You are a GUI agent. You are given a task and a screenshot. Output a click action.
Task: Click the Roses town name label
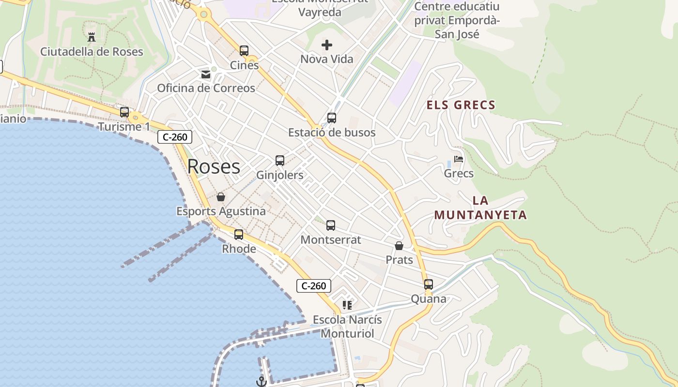214,166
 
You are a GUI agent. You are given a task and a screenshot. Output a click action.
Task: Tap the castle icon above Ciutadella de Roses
92,36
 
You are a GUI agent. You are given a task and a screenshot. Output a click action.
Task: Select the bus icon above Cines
244,50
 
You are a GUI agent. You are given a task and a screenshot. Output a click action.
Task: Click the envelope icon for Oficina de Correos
206,74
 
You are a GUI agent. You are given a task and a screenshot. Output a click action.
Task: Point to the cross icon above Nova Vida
327,45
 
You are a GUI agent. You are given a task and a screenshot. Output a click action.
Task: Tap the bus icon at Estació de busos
332,118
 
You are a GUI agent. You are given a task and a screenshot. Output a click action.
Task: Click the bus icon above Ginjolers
280,160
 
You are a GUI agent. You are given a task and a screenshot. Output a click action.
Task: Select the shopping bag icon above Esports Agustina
221,197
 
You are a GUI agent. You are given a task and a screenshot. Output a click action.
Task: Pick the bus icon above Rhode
239,234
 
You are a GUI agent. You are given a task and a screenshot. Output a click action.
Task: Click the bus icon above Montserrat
331,225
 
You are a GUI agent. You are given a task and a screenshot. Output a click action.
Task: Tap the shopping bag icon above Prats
399,246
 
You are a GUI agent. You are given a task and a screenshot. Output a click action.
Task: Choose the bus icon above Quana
429,284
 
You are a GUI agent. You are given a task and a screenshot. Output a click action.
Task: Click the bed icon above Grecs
459,159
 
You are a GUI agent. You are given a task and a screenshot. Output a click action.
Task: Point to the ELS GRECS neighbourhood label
461,105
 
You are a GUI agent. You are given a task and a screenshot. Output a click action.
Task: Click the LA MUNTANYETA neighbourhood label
480,208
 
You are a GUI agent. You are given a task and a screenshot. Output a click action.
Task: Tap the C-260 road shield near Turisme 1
175,137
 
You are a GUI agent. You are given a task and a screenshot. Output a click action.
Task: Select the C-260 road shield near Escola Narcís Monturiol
314,286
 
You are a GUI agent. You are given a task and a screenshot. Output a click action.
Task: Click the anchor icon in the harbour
261,382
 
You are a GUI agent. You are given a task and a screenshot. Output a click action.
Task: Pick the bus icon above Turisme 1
124,112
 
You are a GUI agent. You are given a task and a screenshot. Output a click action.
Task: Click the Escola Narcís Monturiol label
347,327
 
